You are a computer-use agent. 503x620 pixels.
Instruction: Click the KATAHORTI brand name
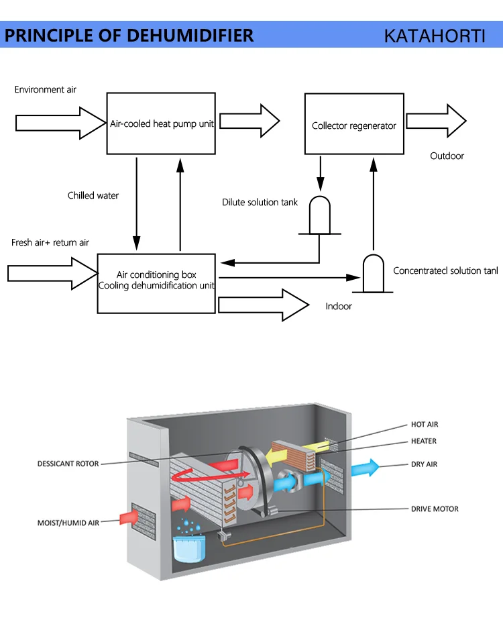point(434,36)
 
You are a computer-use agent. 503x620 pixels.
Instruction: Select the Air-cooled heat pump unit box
point(162,124)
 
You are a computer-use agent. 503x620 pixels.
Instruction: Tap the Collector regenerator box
point(354,125)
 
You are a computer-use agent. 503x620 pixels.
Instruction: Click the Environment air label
point(46,89)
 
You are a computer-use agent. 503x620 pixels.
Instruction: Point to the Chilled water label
point(93,196)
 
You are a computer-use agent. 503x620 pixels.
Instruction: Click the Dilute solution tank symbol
point(319,216)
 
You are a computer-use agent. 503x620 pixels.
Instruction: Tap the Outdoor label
point(447,156)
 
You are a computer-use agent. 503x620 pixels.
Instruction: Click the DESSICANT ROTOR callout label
point(68,464)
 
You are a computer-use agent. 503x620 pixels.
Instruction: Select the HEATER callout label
point(424,441)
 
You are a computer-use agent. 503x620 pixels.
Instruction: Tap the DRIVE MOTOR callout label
point(435,509)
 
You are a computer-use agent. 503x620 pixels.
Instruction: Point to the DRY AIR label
point(425,464)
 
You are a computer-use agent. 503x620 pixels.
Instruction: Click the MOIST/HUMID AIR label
point(68,522)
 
